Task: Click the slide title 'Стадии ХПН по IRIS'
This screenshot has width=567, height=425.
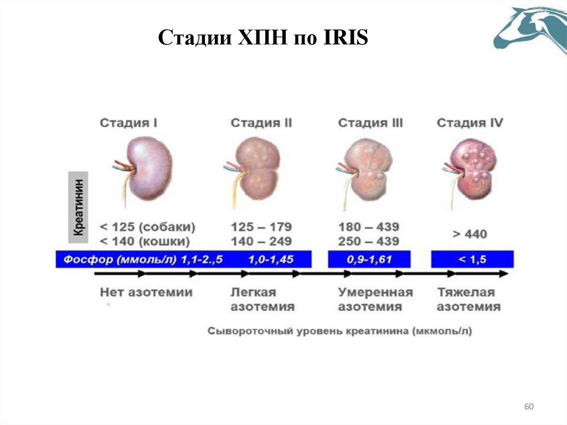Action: [263, 38]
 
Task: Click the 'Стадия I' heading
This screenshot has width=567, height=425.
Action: [128, 123]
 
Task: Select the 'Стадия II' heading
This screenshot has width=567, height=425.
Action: [261, 123]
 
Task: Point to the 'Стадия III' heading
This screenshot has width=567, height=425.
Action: [370, 123]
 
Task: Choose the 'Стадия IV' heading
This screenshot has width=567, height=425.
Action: [470, 123]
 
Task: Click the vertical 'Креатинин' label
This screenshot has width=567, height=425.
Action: [79, 207]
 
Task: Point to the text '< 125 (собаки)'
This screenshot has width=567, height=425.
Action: [147, 227]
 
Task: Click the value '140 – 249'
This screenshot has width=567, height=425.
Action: [261, 242]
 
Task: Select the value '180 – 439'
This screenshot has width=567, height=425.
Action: [368, 227]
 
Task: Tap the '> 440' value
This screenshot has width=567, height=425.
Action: [470, 234]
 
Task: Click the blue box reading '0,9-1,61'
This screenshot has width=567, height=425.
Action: [369, 259]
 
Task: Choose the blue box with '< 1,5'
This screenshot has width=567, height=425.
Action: [472, 259]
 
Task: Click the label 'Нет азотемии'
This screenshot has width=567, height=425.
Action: [146, 292]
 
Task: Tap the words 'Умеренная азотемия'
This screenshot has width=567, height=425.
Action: [375, 299]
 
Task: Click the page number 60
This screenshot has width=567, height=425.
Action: [529, 407]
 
